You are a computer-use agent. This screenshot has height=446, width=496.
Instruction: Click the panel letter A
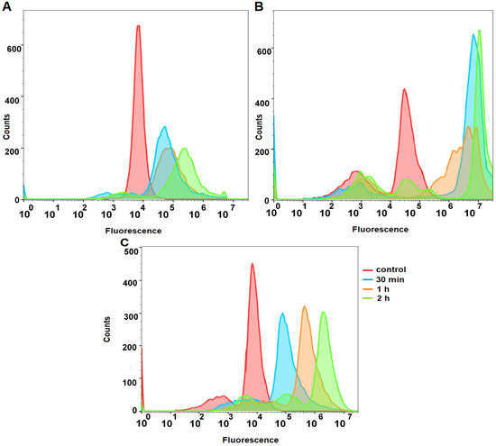click(x=6, y=8)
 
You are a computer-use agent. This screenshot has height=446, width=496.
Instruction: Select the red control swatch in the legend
click(x=367, y=270)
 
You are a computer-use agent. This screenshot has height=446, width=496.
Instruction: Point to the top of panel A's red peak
click(x=138, y=26)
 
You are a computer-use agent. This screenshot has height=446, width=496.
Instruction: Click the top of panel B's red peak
click(x=405, y=90)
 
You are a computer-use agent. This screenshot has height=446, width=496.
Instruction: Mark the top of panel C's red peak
click(x=253, y=264)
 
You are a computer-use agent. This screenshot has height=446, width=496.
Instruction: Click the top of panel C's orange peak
click(x=305, y=307)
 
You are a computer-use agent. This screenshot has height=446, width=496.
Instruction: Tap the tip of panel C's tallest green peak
click(x=323, y=313)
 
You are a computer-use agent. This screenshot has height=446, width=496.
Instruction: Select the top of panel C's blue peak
click(x=283, y=314)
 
